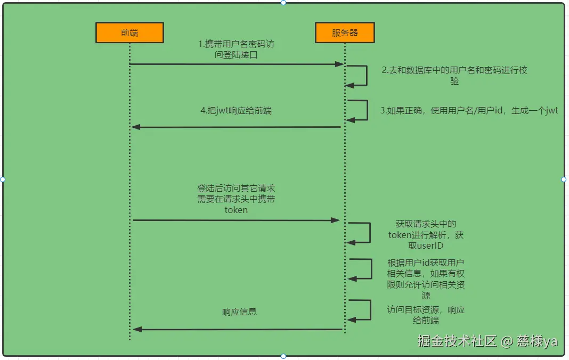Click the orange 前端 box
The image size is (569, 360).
click(x=129, y=33)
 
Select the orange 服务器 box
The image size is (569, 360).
click(x=345, y=33)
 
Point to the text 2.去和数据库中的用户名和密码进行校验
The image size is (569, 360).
click(x=454, y=76)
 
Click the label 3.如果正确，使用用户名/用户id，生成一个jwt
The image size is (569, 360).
click(x=469, y=111)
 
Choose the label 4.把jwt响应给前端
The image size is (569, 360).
click(x=236, y=111)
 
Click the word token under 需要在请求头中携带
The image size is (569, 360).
click(x=236, y=210)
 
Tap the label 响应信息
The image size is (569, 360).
click(x=240, y=312)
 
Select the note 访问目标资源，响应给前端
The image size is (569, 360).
click(x=426, y=315)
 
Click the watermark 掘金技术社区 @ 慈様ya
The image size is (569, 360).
click(x=487, y=341)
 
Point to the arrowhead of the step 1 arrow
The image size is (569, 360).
click(x=339, y=64)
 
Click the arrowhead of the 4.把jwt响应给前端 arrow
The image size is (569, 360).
click(x=136, y=127)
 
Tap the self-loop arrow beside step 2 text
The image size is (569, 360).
click(x=365, y=75)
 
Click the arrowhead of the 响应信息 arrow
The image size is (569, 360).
click(x=137, y=329)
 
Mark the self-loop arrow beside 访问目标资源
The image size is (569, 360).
click(x=369, y=309)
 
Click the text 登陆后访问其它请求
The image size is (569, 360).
click(x=236, y=189)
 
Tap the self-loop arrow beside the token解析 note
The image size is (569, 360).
click(x=369, y=233)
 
